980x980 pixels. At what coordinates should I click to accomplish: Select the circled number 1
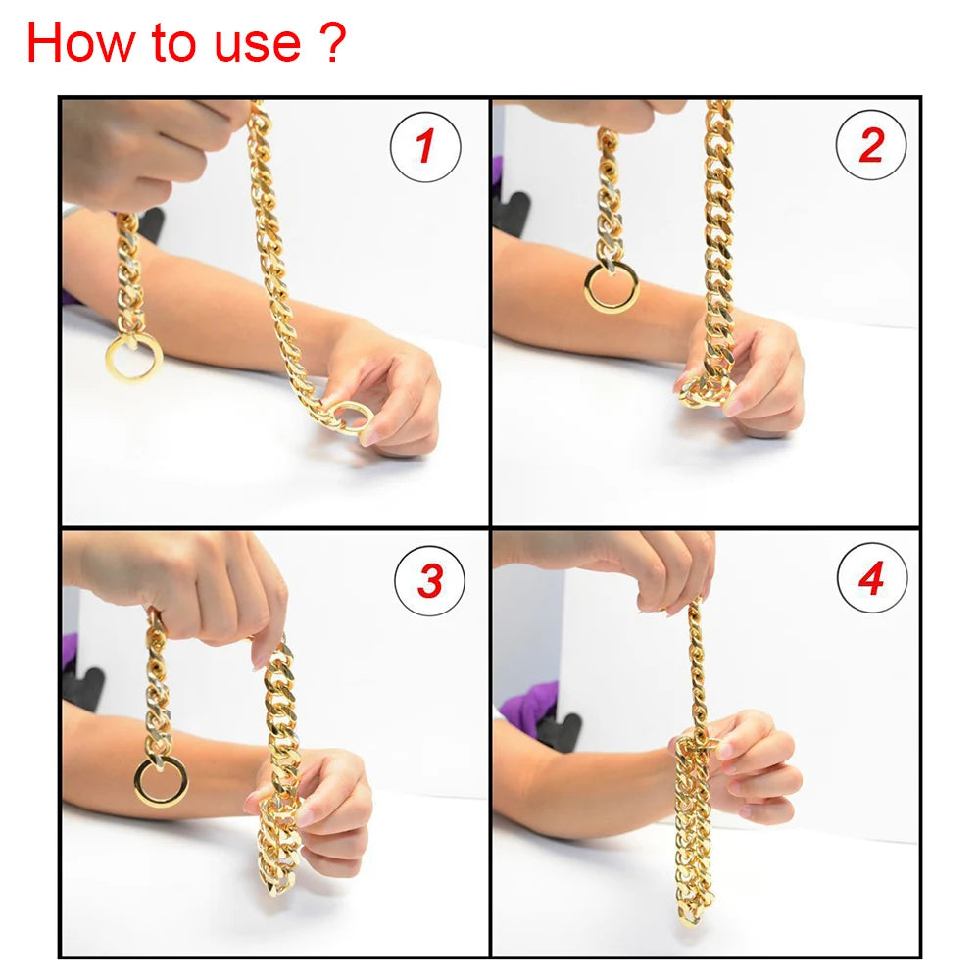point(425,147)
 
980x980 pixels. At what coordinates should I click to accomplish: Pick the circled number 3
point(429,581)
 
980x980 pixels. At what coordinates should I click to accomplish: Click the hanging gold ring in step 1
point(133,359)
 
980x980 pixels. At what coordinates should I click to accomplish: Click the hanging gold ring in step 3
point(161,781)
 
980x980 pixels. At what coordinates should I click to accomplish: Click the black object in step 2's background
point(512,211)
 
